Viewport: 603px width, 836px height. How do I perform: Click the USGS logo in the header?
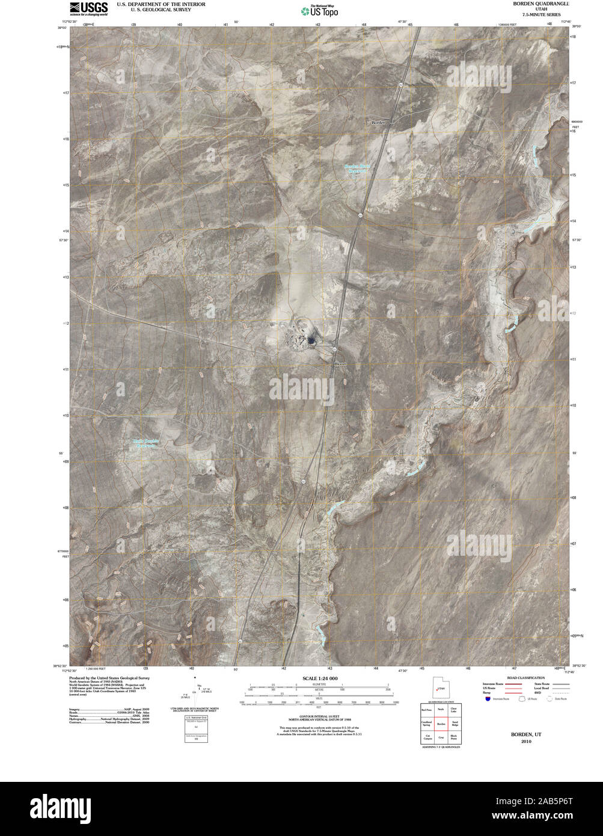pos(88,8)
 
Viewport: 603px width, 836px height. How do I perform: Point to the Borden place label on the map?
pos(378,122)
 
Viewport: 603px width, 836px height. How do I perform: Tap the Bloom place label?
pos(340,364)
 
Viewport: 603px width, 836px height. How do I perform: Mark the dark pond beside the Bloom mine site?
pos(311,341)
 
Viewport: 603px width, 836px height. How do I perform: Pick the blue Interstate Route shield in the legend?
pos(488,698)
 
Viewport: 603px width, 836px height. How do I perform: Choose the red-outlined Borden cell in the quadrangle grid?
pos(441,724)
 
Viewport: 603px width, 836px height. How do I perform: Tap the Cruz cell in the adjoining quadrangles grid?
pos(441,737)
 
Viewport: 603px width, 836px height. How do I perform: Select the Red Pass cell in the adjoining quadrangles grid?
pos(427,710)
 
